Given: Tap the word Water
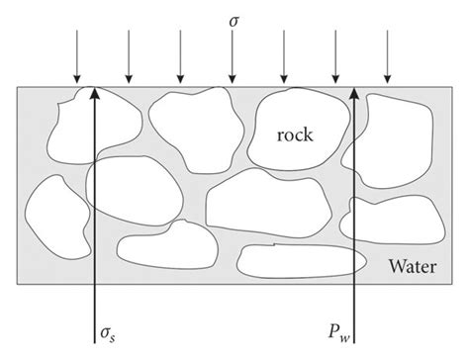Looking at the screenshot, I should pyautogui.click(x=416, y=265).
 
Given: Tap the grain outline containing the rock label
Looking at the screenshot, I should pyautogui.click(x=297, y=134).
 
